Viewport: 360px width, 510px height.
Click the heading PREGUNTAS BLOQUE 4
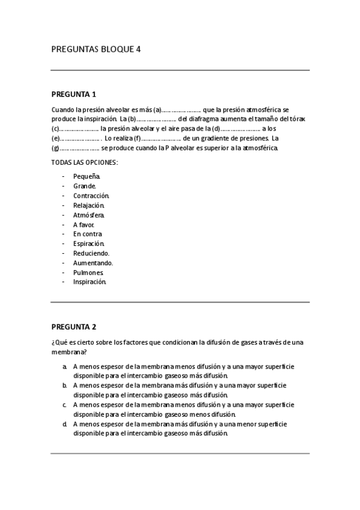click(96, 50)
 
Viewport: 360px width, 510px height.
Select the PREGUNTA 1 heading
click(73, 94)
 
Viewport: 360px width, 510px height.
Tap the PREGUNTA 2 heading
click(73, 327)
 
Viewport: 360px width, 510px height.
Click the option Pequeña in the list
click(87, 176)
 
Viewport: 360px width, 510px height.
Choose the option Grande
click(85, 186)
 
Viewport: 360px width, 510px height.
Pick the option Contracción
click(91, 195)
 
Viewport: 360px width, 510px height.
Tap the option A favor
click(84, 224)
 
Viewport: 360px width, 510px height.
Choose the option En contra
click(88, 234)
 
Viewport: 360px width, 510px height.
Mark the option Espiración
click(89, 244)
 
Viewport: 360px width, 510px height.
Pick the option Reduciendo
click(91, 253)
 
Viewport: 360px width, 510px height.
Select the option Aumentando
click(93, 263)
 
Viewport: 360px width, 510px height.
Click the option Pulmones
click(88, 272)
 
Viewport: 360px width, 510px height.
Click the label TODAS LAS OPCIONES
click(84, 162)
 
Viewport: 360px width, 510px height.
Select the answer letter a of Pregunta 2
click(64, 366)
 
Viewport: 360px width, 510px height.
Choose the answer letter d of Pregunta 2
click(64, 423)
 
